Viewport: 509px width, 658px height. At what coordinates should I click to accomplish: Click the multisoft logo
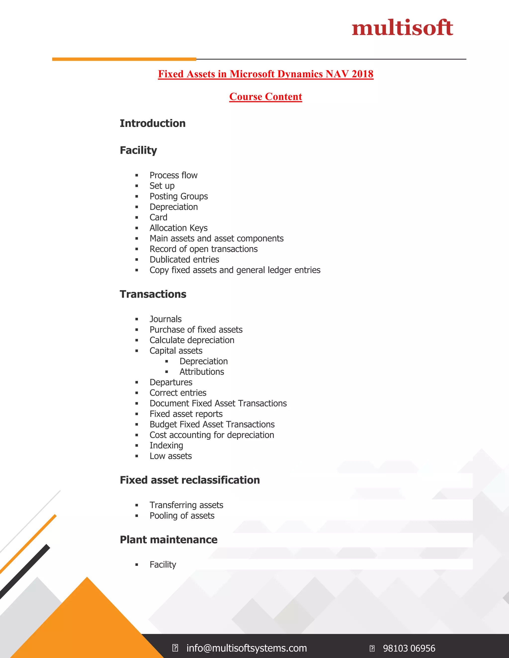coord(402,28)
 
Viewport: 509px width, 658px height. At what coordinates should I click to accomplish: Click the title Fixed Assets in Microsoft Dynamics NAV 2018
coord(266,74)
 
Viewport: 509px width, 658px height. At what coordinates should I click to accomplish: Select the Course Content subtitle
coord(266,96)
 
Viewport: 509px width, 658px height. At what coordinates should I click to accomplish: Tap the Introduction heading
coord(153,123)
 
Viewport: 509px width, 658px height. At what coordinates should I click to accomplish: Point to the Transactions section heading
coord(153,294)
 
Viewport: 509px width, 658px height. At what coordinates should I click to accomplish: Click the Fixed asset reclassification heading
coord(190,480)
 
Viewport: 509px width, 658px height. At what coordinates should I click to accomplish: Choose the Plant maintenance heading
coord(169,540)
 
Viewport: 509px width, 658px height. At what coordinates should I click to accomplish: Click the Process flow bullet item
coord(173,175)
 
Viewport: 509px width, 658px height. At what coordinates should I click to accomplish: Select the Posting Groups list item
coord(178,196)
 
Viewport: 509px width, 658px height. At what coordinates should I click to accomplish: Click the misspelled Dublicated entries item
coord(184,259)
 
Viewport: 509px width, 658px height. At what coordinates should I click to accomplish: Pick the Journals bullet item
coord(166,319)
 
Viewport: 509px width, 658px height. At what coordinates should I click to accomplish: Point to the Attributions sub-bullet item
coord(202,372)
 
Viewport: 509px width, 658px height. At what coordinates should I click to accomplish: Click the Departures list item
coord(171,382)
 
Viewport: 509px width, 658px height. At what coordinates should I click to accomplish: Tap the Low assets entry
coord(171,456)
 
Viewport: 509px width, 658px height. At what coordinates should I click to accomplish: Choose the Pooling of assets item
coord(182,515)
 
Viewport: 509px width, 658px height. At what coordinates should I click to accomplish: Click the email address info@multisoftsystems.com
coord(246,648)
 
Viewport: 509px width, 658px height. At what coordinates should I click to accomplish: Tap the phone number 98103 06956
coord(409,648)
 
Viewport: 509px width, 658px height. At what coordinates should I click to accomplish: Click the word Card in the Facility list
coord(158,217)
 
